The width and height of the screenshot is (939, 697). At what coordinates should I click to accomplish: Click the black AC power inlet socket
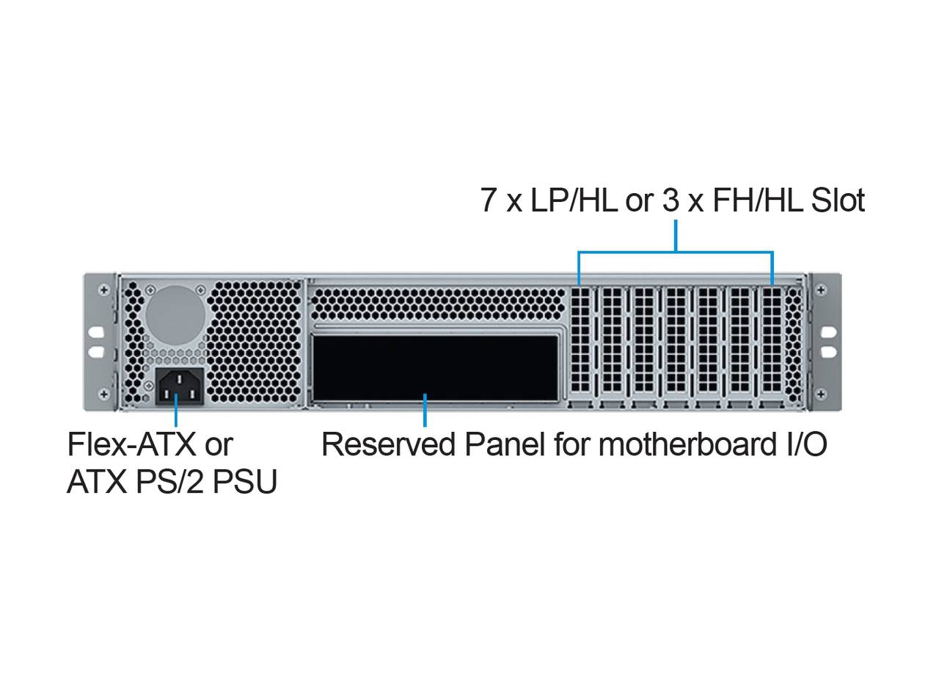pyautogui.click(x=179, y=386)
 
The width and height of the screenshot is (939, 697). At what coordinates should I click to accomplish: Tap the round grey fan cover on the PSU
pyautogui.click(x=175, y=315)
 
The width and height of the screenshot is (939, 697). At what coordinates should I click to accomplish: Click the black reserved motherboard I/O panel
pyautogui.click(x=435, y=368)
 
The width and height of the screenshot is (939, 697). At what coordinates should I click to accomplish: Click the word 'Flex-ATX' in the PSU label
pyautogui.click(x=132, y=444)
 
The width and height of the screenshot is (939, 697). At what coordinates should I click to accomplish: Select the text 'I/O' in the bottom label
pyautogui.click(x=805, y=444)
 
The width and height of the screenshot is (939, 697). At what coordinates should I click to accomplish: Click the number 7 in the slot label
pyautogui.click(x=489, y=201)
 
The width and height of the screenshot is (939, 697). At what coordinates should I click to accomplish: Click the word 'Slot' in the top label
pyautogui.click(x=838, y=201)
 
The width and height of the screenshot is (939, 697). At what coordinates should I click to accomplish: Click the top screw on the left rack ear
pyautogui.click(x=104, y=290)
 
